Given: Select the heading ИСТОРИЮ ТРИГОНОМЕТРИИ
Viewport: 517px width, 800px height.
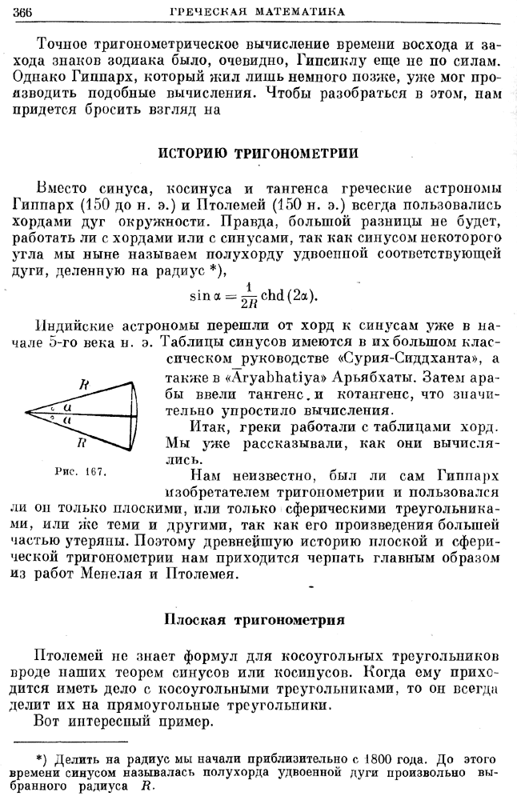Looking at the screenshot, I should (258, 153).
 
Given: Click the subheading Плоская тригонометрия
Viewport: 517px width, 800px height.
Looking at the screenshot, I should (254, 618).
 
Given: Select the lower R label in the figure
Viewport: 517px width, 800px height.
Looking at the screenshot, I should (80, 443).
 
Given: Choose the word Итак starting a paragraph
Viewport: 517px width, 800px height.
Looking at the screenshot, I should (208, 427).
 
